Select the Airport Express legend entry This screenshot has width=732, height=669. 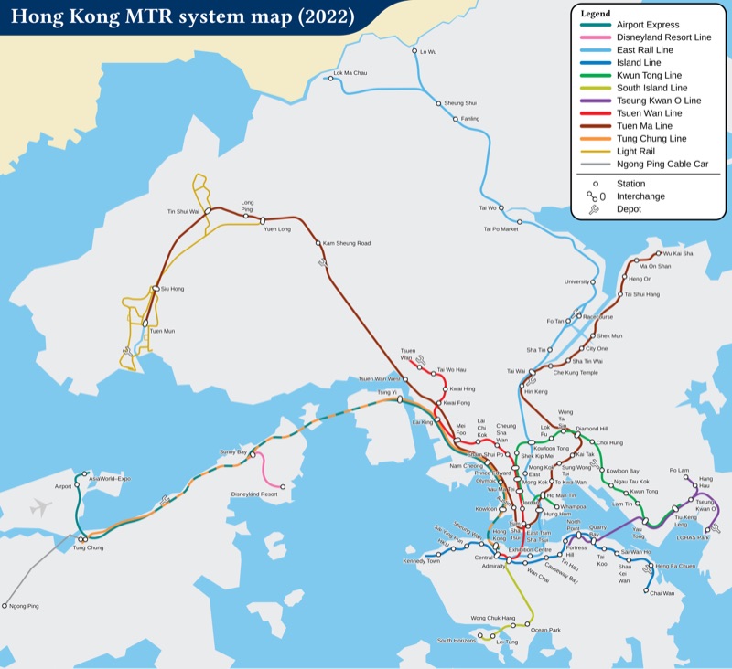[650, 24]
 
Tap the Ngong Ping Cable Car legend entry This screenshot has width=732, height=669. [662, 165]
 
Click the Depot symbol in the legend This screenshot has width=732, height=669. [595, 209]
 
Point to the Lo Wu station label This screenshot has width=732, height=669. [428, 52]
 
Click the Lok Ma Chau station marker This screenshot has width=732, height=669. [328, 78]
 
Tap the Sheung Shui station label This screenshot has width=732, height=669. [460, 103]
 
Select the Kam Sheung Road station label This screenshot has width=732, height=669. [347, 243]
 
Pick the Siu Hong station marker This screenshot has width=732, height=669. [156, 289]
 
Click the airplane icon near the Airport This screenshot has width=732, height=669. [40, 508]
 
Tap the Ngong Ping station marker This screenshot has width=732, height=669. [5, 605]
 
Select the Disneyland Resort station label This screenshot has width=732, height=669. [254, 494]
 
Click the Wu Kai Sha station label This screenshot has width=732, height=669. [678, 252]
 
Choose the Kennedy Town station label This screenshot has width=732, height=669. [421, 560]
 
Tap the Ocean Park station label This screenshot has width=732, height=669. [545, 630]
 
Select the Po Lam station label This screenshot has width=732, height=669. [678, 470]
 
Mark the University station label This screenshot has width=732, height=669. [577, 281]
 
